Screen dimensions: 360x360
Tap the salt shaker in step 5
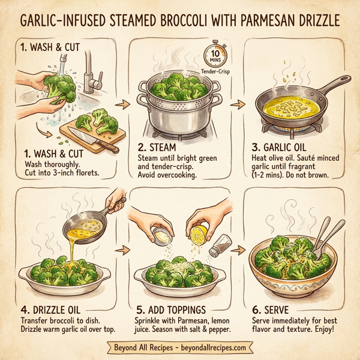pos(221,245)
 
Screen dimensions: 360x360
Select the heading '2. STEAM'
pos(158,148)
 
